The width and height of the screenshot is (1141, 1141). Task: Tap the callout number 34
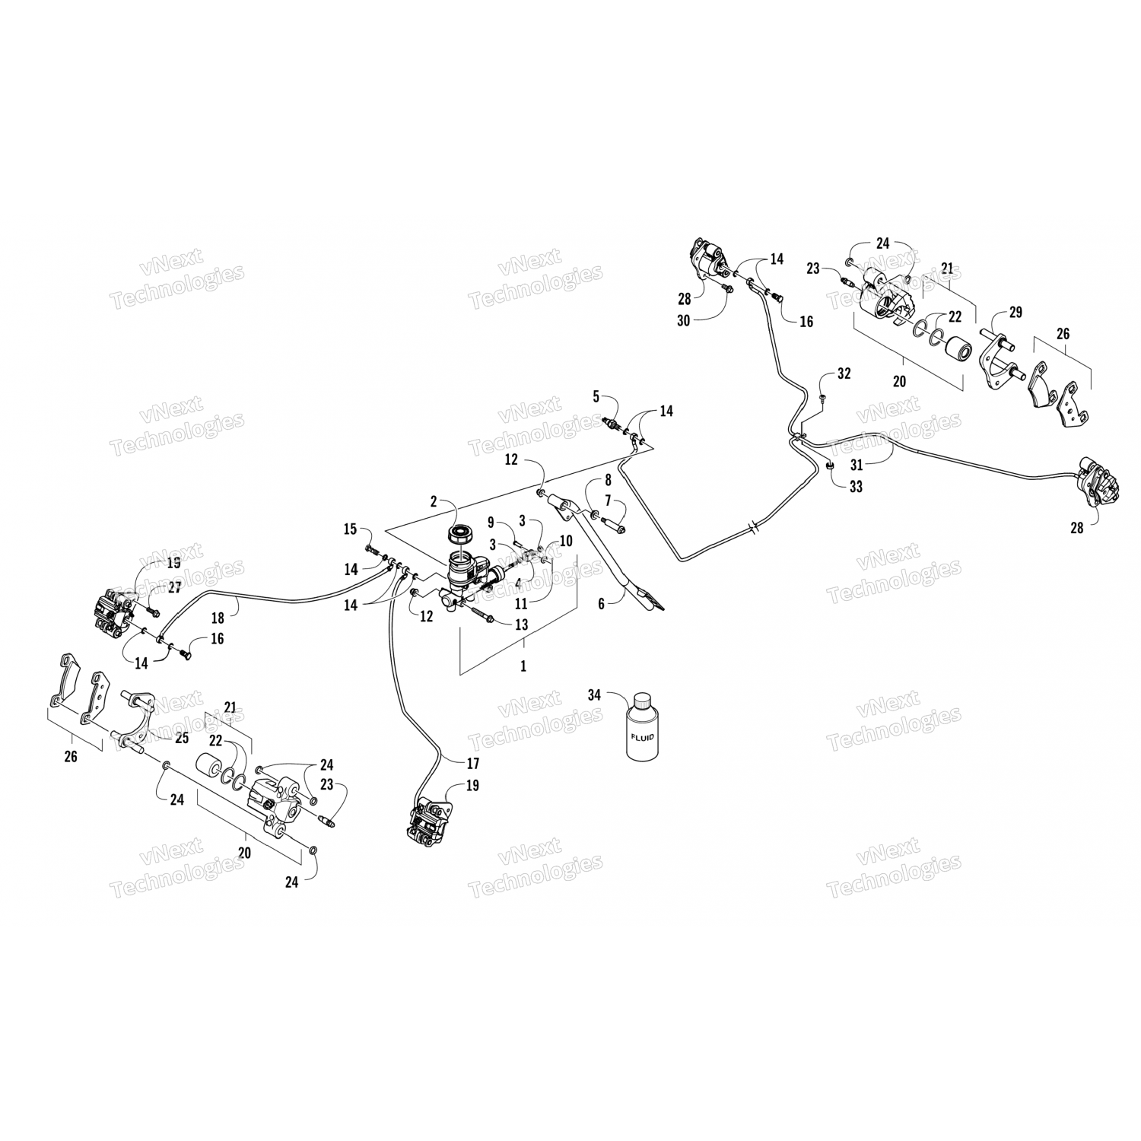[x=594, y=694]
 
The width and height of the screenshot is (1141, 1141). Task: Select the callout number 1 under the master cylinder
[x=523, y=666]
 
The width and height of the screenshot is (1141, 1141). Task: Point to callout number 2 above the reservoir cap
[x=434, y=501]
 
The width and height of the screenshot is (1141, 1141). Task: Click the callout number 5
[x=596, y=395]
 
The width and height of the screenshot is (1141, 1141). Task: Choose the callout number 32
[x=844, y=373]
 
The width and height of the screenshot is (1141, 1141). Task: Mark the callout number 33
[x=856, y=487]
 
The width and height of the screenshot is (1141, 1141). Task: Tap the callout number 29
[x=1016, y=312]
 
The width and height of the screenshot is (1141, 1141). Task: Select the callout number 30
[x=683, y=321]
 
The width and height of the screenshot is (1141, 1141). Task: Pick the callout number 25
[x=181, y=737]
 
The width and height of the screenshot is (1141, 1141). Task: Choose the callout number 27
[x=175, y=587]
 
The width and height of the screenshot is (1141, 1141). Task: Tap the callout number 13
[x=520, y=625]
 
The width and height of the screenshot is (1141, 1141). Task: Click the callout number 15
[x=350, y=529]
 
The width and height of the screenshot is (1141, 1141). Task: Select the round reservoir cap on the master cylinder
[x=460, y=531]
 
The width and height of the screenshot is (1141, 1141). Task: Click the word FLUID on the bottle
[x=643, y=737]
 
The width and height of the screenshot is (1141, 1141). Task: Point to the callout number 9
[x=491, y=522]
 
